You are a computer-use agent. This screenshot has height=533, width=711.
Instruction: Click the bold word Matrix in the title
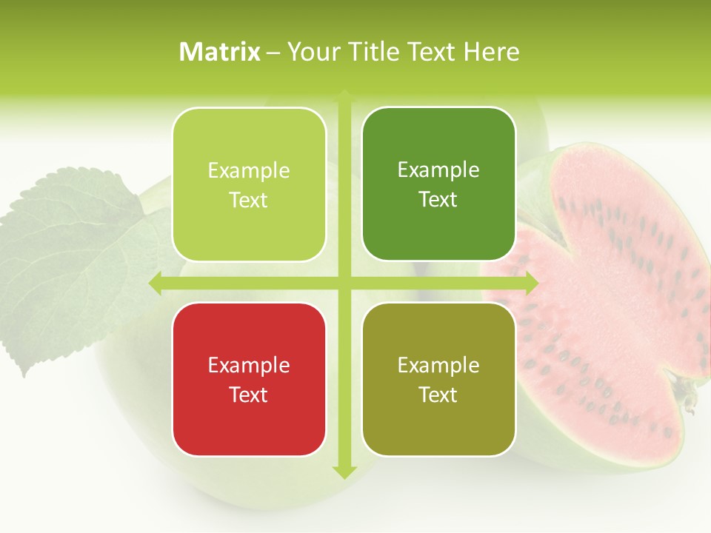[220, 52]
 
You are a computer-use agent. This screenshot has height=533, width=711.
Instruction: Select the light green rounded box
[249, 184]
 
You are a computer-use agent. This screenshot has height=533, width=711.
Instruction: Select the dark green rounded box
[438, 184]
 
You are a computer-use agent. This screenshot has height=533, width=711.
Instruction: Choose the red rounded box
[249, 379]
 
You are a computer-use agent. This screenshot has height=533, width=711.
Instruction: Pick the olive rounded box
[438, 379]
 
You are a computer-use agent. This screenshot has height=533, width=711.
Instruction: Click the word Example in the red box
[249, 365]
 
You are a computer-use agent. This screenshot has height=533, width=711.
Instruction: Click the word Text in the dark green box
[438, 200]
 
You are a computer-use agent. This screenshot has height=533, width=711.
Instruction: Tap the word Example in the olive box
[438, 365]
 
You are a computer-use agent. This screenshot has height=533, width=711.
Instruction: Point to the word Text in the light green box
[249, 201]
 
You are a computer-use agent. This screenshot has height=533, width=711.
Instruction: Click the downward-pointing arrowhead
[344, 471]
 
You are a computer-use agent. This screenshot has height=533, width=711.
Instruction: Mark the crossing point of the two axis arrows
[344, 283]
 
